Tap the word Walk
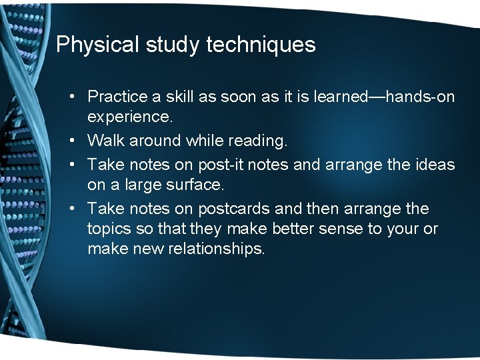click(103, 141)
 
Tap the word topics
click(108, 229)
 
